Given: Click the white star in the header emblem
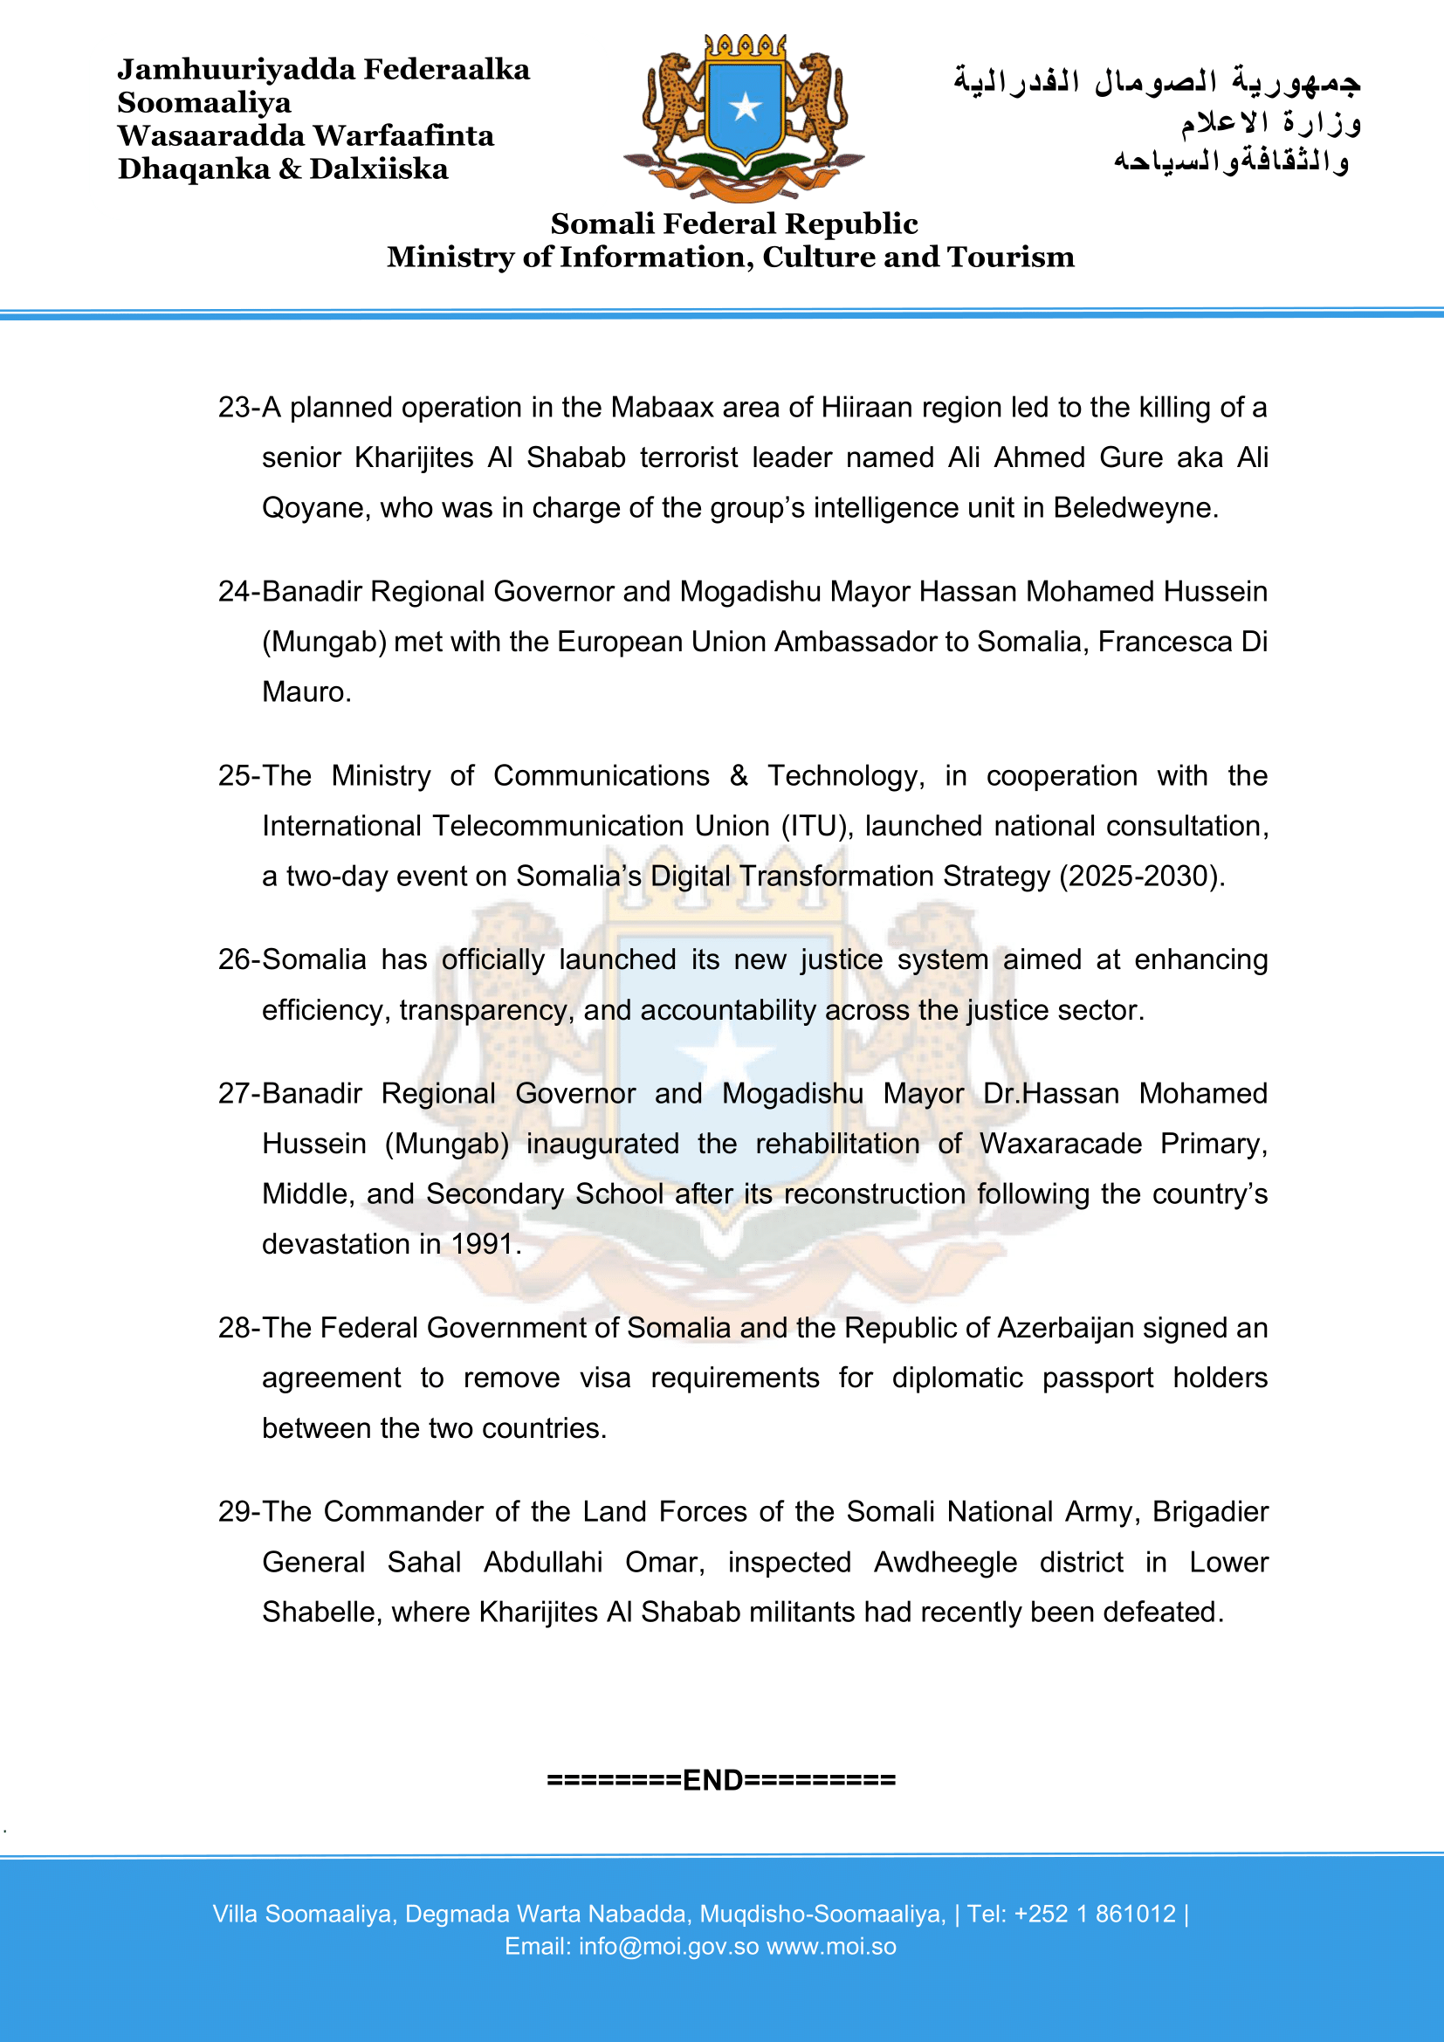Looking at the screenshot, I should point(745,107).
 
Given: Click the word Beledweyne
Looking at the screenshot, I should point(1134,508).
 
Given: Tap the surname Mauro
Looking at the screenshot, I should point(305,692).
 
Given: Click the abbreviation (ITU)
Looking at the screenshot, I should point(817,826).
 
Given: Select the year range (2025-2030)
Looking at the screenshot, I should point(1141,876).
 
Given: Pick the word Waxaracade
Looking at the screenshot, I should point(1061,1143).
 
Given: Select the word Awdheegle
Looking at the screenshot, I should point(945,1562).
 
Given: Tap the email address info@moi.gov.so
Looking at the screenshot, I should point(669,1946).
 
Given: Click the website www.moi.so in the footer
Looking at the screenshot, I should point(831,1946).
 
